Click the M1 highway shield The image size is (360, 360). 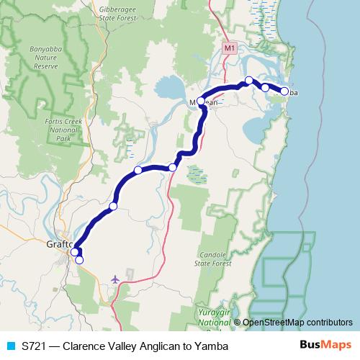[229, 48]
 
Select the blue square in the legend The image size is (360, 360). [9, 346]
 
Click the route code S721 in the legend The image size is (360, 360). [32, 346]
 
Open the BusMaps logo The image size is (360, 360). [325, 346]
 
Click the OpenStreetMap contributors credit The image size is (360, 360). [297, 323]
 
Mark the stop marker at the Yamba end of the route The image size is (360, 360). [284, 91]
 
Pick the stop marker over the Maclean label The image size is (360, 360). [201, 102]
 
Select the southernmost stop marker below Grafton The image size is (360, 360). [79, 260]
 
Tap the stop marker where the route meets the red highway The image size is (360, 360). [173, 168]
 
